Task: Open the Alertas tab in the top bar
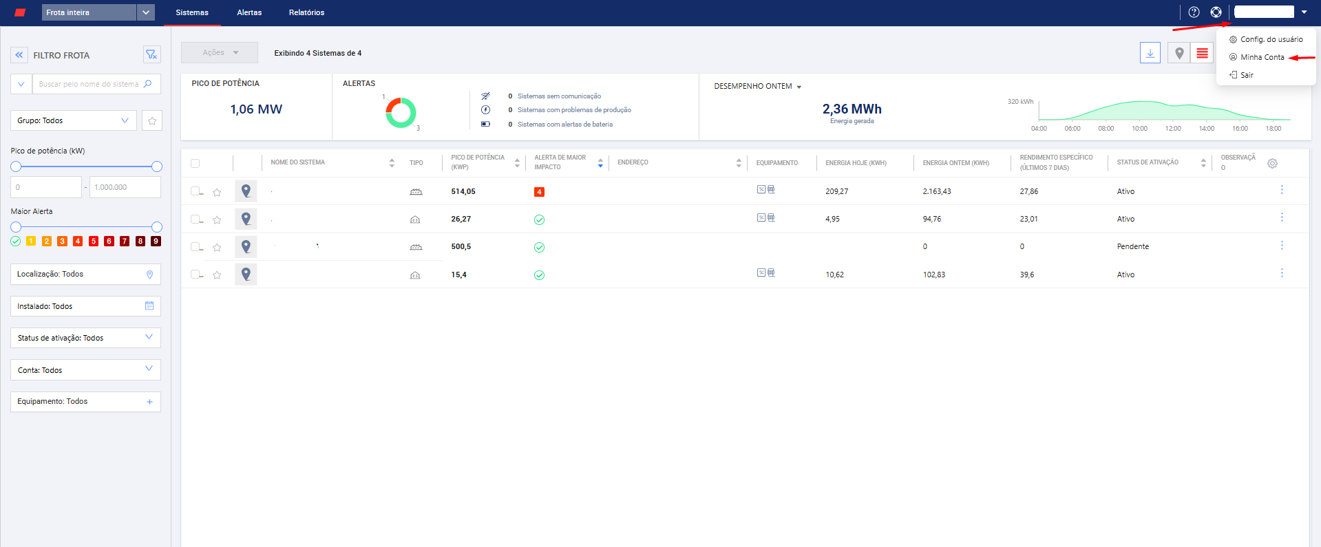[249, 12]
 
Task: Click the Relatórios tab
[306, 12]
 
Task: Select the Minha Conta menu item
[1262, 57]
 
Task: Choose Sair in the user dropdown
[1247, 75]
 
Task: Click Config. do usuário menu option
[1271, 39]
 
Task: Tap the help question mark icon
[1194, 12]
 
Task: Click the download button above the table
[1150, 53]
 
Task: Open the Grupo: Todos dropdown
[73, 120]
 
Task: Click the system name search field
[88, 84]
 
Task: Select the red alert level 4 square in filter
[78, 242]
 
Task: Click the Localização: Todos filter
[85, 274]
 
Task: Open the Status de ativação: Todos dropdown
[85, 338]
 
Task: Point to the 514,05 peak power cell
[463, 191]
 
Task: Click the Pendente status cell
[1132, 246]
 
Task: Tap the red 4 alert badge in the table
[539, 192]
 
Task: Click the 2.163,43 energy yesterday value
[937, 191]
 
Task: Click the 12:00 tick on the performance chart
[1173, 129]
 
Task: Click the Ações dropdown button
[220, 53]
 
